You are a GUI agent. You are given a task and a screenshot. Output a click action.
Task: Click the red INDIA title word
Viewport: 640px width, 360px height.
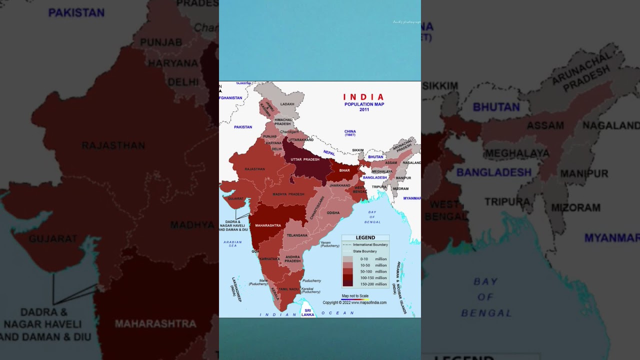pos(363,97)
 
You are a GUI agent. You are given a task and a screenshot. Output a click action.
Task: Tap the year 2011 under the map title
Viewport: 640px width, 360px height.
pos(364,109)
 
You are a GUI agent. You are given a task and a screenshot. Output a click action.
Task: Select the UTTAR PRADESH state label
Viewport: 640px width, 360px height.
pos(304,159)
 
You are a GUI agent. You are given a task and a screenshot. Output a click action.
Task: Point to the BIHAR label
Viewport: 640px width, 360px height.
pos(344,170)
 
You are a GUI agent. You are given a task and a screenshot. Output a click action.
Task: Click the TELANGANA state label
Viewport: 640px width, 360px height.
pos(297,235)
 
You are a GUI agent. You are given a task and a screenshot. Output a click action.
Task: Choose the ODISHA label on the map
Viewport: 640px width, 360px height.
pos(333,212)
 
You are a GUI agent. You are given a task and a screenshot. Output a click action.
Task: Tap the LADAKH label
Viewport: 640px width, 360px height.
pos(287,104)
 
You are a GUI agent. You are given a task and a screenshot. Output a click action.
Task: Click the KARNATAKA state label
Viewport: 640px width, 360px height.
pos(269,258)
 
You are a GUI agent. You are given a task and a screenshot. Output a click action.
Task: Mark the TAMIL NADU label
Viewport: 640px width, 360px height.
pos(288,289)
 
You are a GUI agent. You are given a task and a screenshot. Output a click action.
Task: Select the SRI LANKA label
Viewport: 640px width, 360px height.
pos(308,312)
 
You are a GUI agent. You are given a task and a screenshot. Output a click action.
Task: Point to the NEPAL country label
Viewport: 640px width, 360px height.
pos(329,152)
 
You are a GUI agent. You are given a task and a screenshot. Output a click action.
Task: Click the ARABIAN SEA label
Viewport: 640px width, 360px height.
pos(232,244)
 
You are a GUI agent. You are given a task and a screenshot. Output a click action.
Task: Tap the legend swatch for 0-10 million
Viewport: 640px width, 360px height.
pos(347,259)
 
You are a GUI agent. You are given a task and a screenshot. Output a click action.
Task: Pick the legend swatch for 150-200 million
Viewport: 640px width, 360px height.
pos(347,283)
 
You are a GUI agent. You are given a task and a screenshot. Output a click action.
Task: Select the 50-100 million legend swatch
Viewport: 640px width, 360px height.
pos(347,271)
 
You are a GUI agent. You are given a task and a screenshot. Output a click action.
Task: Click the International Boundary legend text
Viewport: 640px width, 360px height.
pos(370,245)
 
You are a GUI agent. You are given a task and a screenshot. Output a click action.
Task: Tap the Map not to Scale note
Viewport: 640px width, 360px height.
pos(355,296)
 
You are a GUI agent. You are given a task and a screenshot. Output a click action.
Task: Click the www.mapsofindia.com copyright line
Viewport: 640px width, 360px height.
pos(354,302)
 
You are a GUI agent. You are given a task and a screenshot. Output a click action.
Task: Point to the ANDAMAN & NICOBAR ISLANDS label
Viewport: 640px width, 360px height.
pos(401,287)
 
